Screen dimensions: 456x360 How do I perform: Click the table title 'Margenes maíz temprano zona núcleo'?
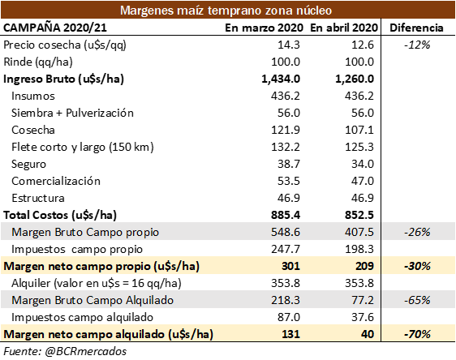tap(226, 11)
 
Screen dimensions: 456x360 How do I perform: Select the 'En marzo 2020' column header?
tap(264, 28)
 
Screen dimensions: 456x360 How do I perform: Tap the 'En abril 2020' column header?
tap(344, 28)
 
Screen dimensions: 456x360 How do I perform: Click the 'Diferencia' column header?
tap(416, 28)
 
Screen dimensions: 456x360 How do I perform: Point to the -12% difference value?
tap(417, 45)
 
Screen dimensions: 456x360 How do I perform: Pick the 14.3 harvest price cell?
tap(289, 45)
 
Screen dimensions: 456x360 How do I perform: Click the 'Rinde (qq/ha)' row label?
tap(38, 62)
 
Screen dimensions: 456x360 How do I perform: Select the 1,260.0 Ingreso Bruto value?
tap(355, 79)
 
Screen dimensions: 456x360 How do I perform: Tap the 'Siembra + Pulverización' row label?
tap(72, 113)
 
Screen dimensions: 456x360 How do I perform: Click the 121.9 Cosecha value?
tap(286, 130)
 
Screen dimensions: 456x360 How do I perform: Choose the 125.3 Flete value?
tap(359, 147)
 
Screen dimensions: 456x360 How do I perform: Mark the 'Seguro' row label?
tap(28, 165)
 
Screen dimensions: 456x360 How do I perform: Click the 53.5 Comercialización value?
tap(289, 181)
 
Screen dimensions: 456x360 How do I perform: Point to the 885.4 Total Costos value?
tap(286, 215)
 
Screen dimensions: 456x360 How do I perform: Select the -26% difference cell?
tap(417, 232)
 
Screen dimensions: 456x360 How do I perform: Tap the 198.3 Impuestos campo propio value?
tap(359, 249)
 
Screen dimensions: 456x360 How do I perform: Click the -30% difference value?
tap(417, 266)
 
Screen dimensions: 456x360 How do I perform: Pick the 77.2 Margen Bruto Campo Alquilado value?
tap(363, 300)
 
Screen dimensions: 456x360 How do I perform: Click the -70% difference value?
tap(417, 334)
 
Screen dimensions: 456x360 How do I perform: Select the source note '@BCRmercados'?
tap(85, 351)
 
